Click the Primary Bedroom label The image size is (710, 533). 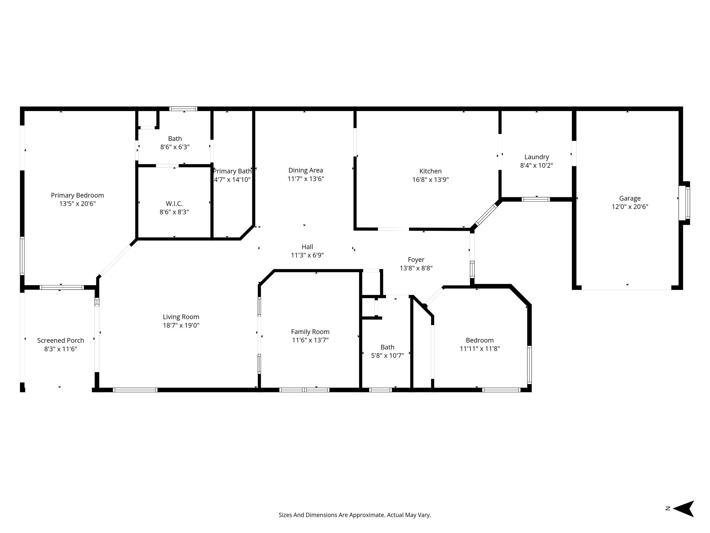tap(77, 195)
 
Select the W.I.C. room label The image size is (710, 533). tap(174, 204)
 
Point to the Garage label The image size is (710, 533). tap(630, 198)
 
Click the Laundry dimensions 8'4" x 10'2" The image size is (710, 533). tap(536, 165)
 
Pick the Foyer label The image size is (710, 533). tap(416, 260)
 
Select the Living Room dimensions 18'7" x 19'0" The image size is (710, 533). tap(181, 325)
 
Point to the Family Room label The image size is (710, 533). tap(310, 332)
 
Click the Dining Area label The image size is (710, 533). tap(306, 170)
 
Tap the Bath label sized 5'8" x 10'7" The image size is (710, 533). tap(387, 347)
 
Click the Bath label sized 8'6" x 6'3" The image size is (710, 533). tap(175, 139)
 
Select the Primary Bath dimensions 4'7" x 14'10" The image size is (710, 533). tap(232, 180)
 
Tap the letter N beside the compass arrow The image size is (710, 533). tap(668, 509)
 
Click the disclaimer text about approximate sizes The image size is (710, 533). tap(355, 515)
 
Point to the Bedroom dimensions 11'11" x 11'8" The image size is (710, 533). tap(480, 349)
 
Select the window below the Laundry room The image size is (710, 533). tap(535, 200)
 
